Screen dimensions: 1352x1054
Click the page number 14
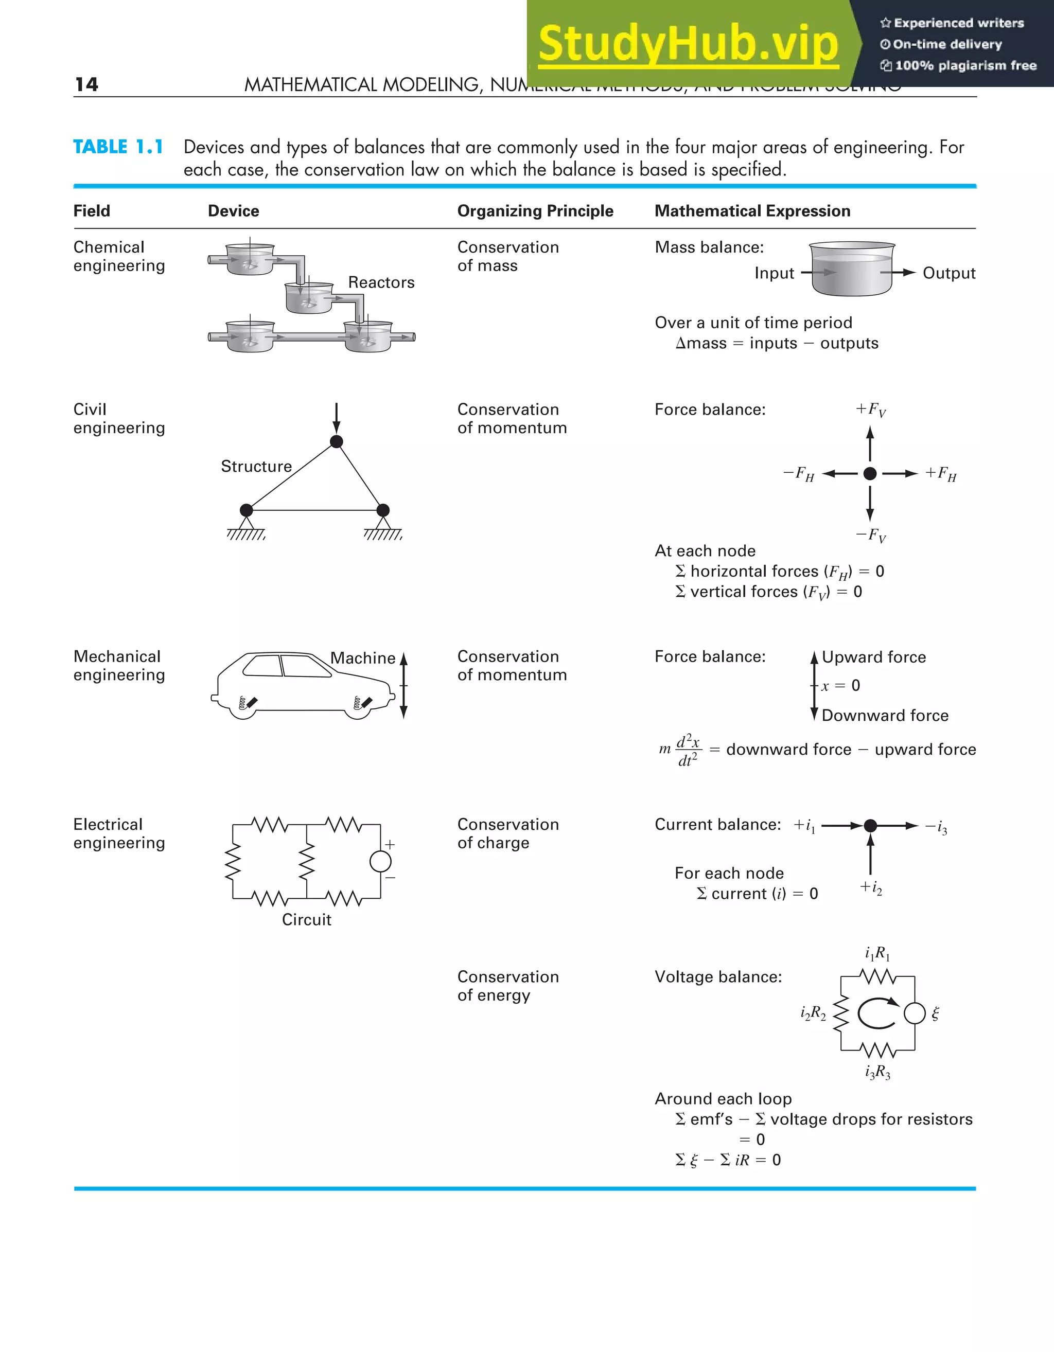click(86, 84)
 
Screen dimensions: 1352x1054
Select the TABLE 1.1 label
click(118, 147)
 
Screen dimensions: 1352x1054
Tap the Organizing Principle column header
click(535, 211)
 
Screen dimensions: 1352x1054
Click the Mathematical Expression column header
click(752, 211)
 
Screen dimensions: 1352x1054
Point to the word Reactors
click(381, 282)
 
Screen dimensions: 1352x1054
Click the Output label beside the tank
click(948, 273)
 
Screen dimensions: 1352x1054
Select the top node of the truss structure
click(336, 441)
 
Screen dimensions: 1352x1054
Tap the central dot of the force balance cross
click(870, 474)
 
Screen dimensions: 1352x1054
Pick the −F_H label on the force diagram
click(799, 474)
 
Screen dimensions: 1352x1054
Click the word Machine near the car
click(362, 658)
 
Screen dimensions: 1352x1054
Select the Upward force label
click(874, 657)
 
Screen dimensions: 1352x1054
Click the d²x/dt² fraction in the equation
click(688, 750)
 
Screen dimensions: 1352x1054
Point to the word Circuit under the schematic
click(307, 919)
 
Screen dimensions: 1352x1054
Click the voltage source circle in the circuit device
click(380, 861)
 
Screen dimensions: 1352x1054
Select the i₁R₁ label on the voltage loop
click(877, 953)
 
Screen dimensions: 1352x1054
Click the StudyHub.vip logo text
click(688, 45)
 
